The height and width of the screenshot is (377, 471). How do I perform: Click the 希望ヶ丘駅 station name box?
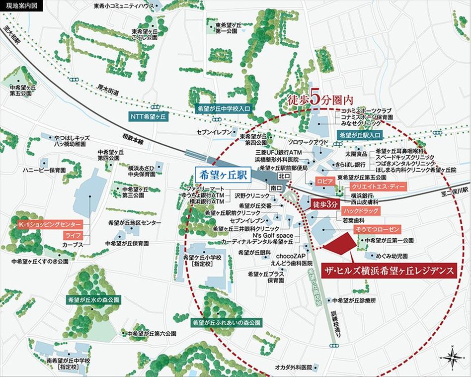pyautogui.click(x=223, y=176)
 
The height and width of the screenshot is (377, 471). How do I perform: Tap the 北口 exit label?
pyautogui.click(x=284, y=176)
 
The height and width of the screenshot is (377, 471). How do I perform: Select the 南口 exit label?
pyautogui.click(x=276, y=188)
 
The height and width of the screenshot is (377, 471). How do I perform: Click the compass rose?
pyautogui.click(x=452, y=357)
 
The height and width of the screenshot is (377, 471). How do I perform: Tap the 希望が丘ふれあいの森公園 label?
pyautogui.click(x=227, y=323)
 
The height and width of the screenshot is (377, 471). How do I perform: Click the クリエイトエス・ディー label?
pyautogui.click(x=378, y=187)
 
